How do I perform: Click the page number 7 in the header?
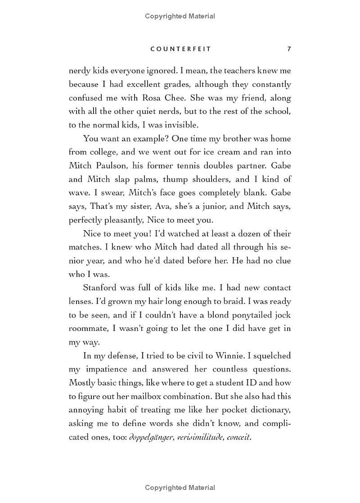[x=289, y=49]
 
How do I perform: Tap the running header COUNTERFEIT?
[x=180, y=49]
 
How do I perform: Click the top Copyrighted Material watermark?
[x=180, y=16]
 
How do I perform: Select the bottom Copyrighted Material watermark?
[x=180, y=488]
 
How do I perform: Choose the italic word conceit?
[x=238, y=437]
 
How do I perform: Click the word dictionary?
[x=267, y=410]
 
